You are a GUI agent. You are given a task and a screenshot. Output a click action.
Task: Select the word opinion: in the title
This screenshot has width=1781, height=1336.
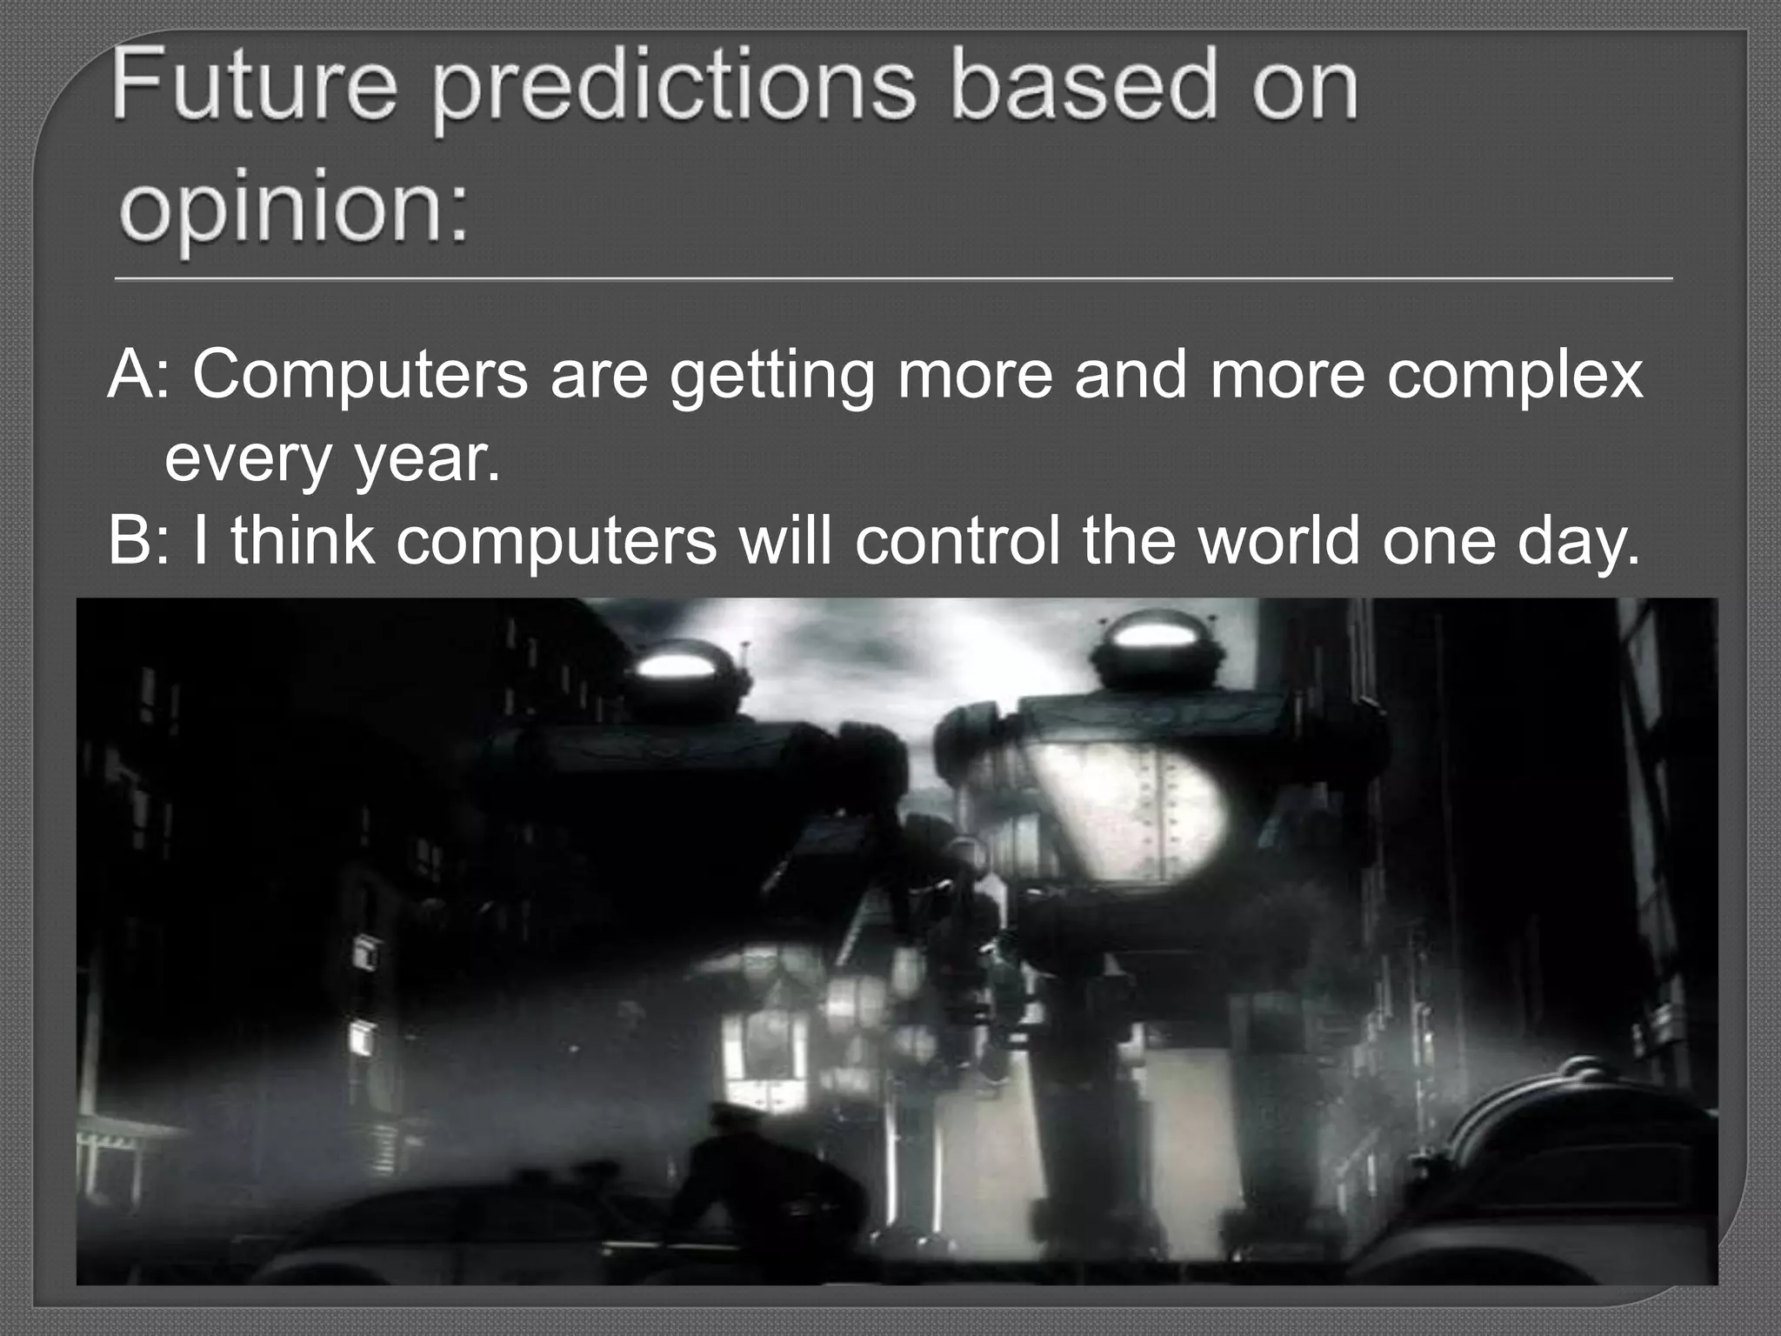293,213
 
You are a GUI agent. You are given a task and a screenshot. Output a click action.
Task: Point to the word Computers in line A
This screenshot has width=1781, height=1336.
360,376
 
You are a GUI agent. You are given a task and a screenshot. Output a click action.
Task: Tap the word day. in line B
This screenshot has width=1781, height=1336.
1578,543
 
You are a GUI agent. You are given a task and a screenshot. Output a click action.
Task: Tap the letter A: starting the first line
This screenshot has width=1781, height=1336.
139,376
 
